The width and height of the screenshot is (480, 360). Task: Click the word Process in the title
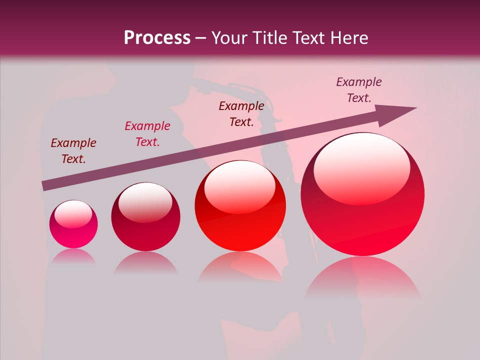[x=157, y=38]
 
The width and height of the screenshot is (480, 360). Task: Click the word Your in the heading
[x=230, y=38]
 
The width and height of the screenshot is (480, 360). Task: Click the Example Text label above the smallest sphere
[x=73, y=151]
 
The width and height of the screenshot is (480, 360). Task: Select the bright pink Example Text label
[x=147, y=134]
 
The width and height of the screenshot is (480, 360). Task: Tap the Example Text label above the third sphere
[x=241, y=113]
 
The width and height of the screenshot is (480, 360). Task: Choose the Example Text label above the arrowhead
[x=358, y=90]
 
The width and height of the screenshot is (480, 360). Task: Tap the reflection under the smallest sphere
[x=73, y=256]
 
